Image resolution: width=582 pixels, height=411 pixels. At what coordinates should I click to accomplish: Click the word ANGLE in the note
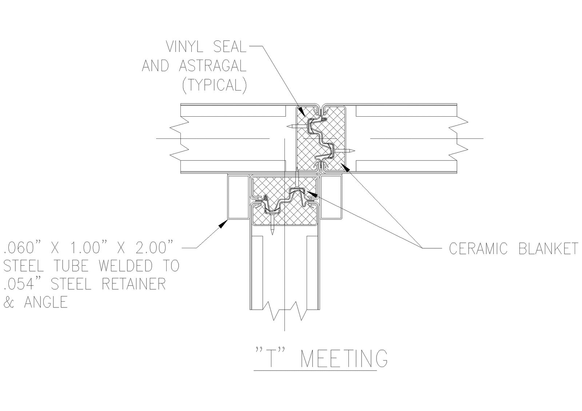click(x=46, y=302)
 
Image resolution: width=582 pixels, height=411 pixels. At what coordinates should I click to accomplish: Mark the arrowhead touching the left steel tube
click(x=221, y=225)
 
